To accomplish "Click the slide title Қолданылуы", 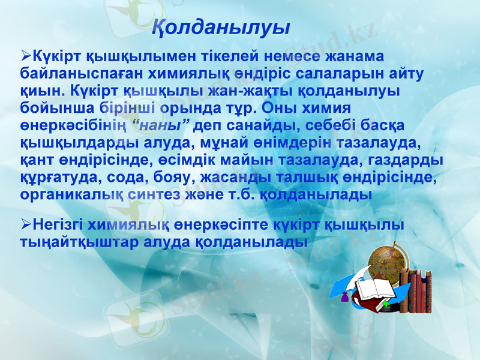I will (221, 28).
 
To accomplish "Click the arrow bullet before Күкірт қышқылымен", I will (26, 56).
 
